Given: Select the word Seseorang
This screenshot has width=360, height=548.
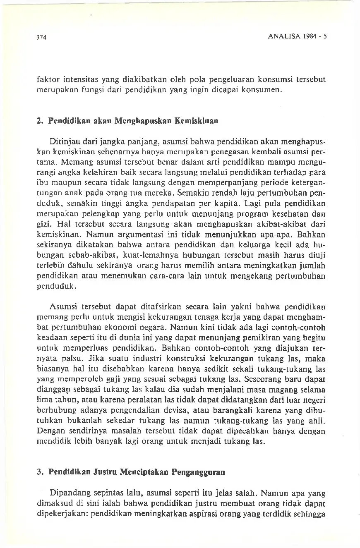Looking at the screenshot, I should click(262, 379).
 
